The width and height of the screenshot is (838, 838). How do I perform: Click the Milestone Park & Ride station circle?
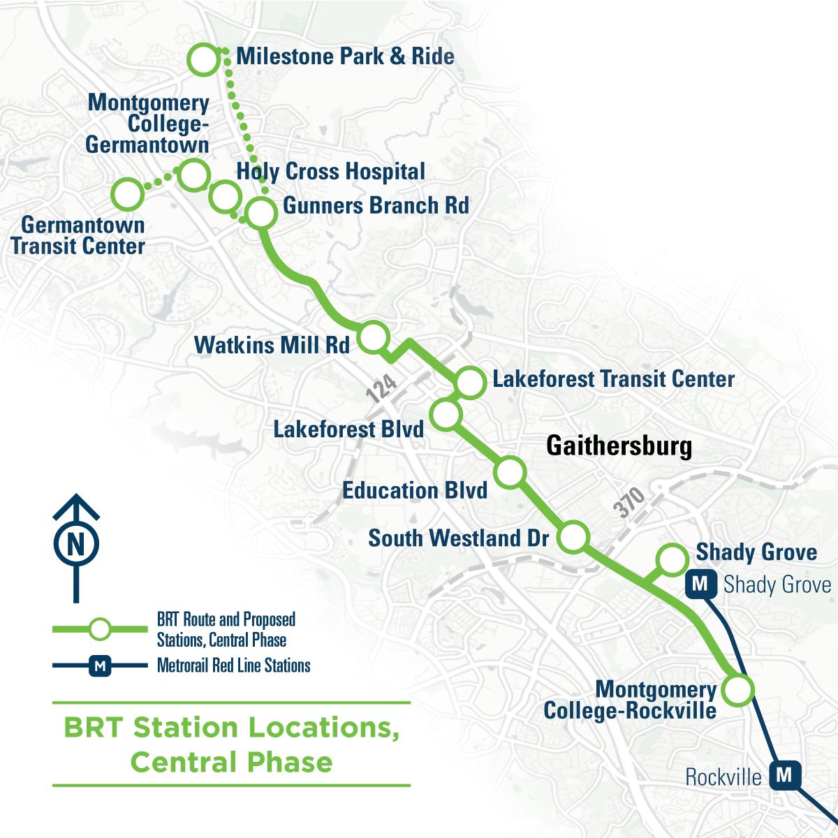[x=204, y=59]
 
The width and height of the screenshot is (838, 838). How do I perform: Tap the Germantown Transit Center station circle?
[x=128, y=193]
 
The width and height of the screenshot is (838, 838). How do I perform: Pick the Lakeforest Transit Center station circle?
[x=471, y=382]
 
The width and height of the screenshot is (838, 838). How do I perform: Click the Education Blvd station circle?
[x=510, y=472]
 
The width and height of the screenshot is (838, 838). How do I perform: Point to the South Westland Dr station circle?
[x=573, y=537]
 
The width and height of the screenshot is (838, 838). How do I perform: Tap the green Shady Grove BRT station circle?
[x=672, y=559]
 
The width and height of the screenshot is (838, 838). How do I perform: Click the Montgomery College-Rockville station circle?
[x=737, y=690]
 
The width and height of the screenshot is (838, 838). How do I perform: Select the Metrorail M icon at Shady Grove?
[x=702, y=584]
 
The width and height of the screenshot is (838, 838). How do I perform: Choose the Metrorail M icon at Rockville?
[x=784, y=775]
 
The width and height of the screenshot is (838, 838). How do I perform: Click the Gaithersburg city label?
[x=619, y=446]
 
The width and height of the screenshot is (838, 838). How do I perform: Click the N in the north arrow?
[x=76, y=543]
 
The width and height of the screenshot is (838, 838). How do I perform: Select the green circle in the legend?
[x=101, y=628]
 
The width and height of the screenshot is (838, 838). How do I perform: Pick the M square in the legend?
[x=100, y=666]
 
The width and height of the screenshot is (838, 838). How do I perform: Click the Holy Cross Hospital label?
[x=330, y=172]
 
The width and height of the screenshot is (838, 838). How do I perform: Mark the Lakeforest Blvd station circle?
[x=446, y=414]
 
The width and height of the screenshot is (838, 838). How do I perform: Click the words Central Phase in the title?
[x=231, y=761]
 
